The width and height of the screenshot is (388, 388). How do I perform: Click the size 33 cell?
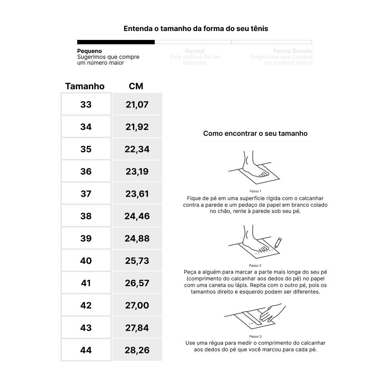click(86, 104)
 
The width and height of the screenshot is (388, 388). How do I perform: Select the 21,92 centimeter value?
click(137, 127)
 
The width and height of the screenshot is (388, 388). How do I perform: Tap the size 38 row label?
click(86, 216)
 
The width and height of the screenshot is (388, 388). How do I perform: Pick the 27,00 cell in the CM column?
click(137, 305)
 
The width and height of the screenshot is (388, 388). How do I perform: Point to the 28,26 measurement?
click(137, 350)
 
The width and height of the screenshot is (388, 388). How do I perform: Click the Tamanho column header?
click(85, 86)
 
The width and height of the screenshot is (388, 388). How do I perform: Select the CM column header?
click(136, 86)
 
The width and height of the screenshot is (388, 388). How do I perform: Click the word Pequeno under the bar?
click(89, 51)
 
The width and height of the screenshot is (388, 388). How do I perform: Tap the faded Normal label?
click(195, 51)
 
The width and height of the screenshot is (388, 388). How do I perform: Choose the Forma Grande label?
click(293, 51)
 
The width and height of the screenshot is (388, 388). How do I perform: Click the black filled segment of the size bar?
click(116, 42)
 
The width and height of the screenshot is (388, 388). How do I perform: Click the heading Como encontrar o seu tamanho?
click(255, 133)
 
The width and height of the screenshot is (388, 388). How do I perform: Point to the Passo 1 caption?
click(255, 191)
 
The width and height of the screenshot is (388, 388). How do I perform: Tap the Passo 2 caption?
click(255, 266)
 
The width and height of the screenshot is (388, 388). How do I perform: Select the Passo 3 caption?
click(255, 336)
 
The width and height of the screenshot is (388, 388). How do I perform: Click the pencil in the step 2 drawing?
click(278, 242)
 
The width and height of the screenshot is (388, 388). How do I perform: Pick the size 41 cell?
click(86, 283)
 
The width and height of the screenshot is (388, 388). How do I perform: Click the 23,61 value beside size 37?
click(137, 194)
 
